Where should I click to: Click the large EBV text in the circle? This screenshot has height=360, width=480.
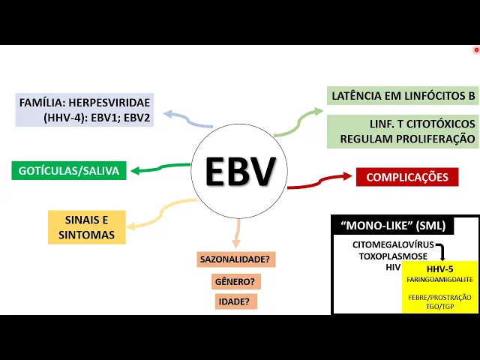point(241,172)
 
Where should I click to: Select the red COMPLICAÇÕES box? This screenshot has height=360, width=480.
point(407,177)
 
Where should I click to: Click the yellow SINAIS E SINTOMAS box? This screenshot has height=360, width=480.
point(86,227)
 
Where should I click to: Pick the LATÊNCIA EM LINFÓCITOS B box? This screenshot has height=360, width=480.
point(403,96)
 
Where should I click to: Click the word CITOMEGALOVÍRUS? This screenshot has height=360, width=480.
point(392,245)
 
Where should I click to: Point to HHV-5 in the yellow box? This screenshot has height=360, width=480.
point(439,268)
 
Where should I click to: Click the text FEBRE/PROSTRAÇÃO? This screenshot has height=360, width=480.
point(439,297)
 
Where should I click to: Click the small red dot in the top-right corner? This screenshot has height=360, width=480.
point(476,50)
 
